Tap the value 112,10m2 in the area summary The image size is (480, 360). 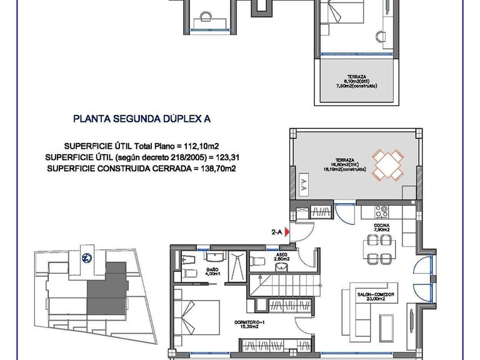click(x=205, y=146)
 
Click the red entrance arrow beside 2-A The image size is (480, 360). click(x=287, y=232)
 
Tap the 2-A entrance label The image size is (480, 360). click(x=276, y=232)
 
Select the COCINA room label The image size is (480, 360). click(x=382, y=226)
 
